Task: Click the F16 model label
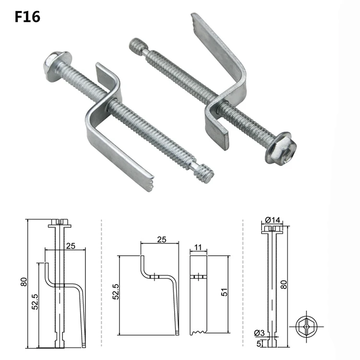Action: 27,17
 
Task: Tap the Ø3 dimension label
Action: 259,333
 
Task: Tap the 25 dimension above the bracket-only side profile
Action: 161,239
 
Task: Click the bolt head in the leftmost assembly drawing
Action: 60,223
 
